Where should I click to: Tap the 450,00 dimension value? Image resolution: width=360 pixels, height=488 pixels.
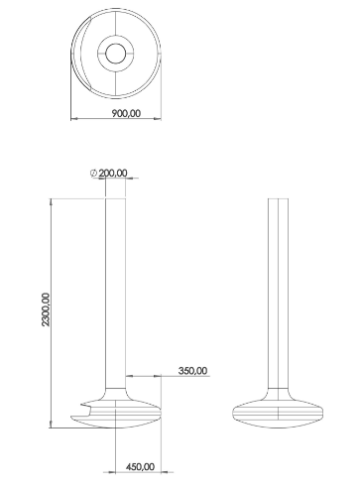tap(140, 467)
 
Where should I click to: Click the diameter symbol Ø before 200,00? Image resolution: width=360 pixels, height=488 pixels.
tap(93, 174)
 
